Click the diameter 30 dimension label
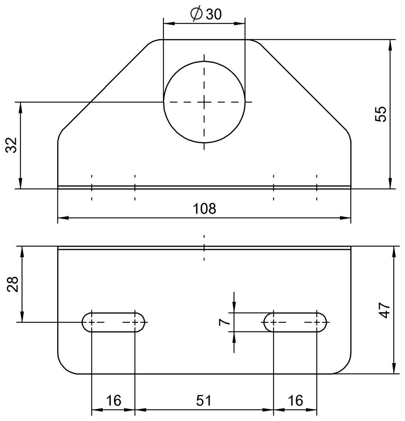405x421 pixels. click(206, 14)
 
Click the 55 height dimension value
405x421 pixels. click(380, 114)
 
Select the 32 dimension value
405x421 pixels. click(12, 145)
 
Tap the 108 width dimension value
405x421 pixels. click(204, 209)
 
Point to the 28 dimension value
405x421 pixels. click(12, 284)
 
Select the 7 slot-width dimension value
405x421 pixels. click(223, 322)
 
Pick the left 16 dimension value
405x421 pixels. click(113, 400)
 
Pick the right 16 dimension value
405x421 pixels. click(295, 400)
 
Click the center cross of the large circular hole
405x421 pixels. click(204, 102)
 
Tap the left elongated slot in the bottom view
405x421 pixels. click(113, 322)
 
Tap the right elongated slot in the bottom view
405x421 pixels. click(295, 322)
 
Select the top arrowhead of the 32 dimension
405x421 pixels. click(20, 107)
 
